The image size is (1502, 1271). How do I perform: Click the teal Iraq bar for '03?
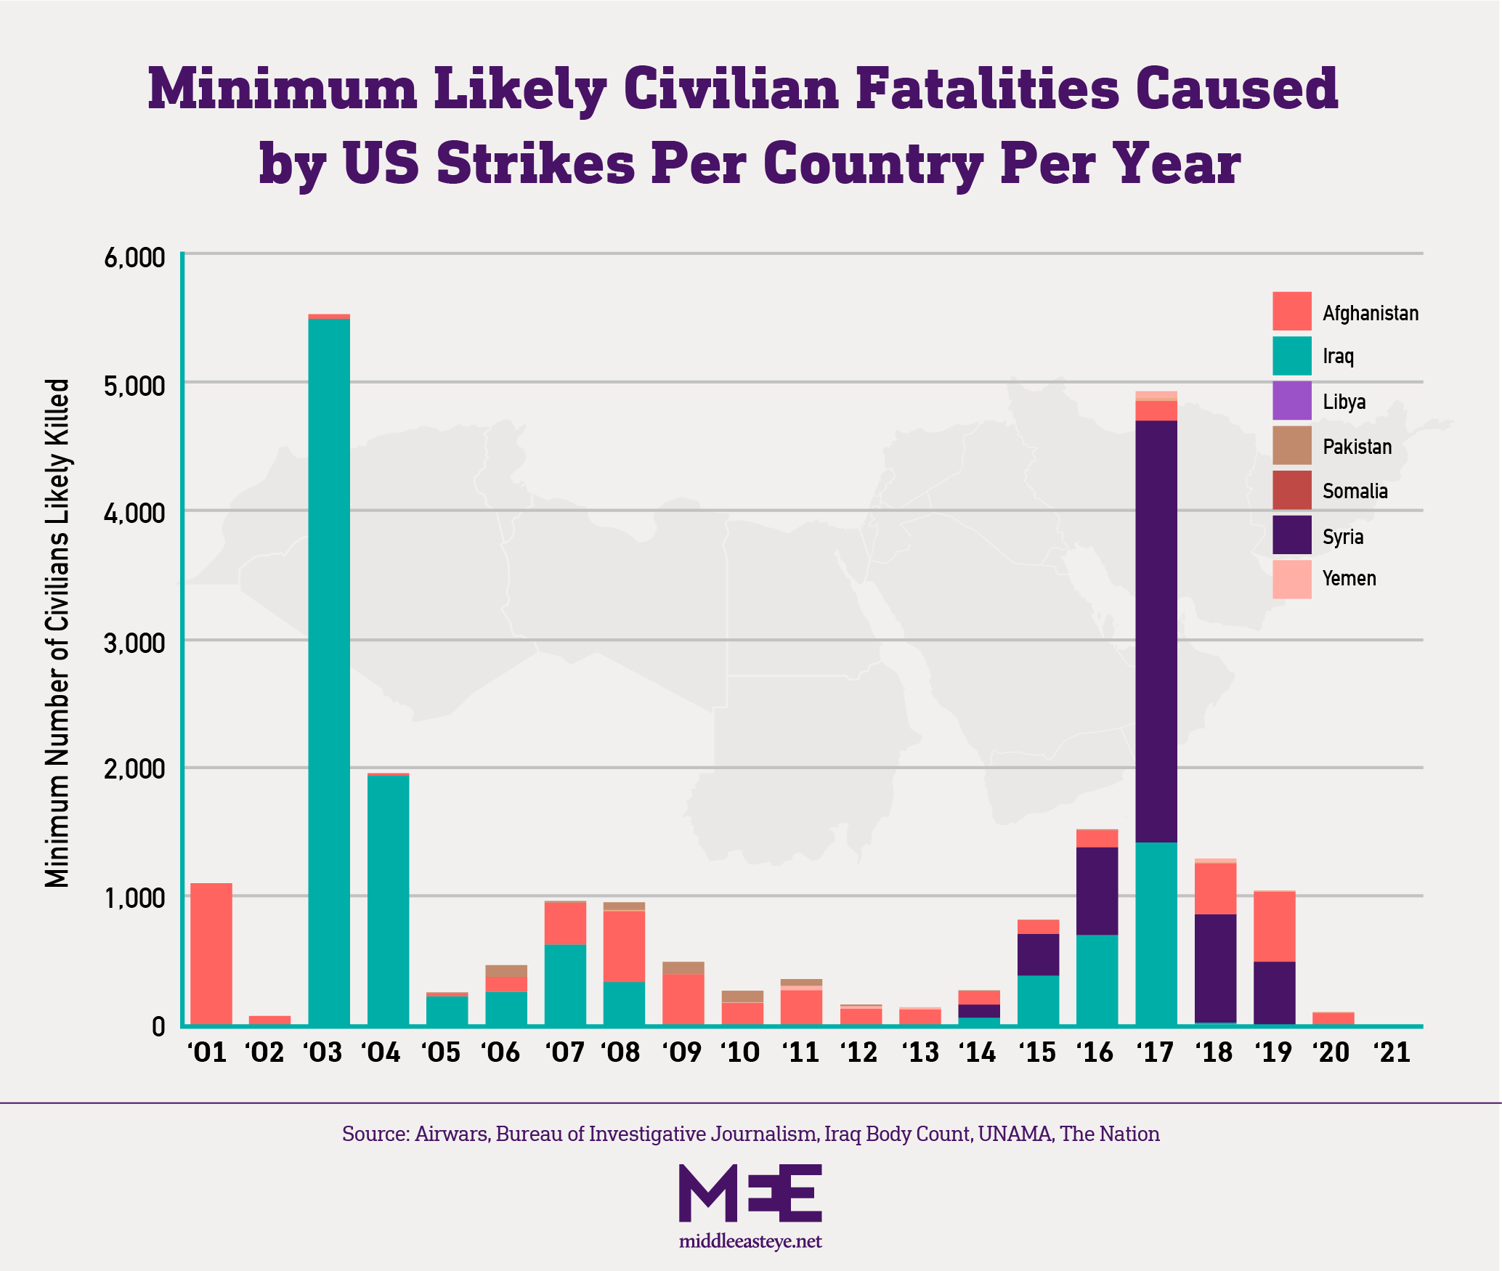click(x=329, y=672)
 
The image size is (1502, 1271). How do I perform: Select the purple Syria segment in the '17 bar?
click(x=1156, y=632)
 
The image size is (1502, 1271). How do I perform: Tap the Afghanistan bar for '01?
click(x=211, y=954)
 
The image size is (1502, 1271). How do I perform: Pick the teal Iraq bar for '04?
click(x=388, y=901)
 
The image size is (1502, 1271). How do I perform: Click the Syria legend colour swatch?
click(x=1292, y=535)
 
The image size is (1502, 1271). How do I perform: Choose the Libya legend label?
click(x=1344, y=402)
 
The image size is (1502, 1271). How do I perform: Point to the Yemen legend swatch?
click(x=1292, y=580)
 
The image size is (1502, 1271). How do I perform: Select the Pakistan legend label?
click(x=1357, y=446)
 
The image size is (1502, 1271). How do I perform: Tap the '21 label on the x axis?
click(x=1393, y=1052)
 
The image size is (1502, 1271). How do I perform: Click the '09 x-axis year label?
click(x=683, y=1052)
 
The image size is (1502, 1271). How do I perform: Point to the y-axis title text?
click(x=57, y=632)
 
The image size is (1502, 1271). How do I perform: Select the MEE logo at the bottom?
click(x=750, y=1193)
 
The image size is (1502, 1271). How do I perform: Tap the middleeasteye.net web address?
click(x=750, y=1241)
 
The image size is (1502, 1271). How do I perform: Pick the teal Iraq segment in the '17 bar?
click(x=1156, y=934)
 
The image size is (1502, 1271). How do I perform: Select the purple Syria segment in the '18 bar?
click(x=1216, y=968)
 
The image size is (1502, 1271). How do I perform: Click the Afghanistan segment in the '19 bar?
click(x=1275, y=927)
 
